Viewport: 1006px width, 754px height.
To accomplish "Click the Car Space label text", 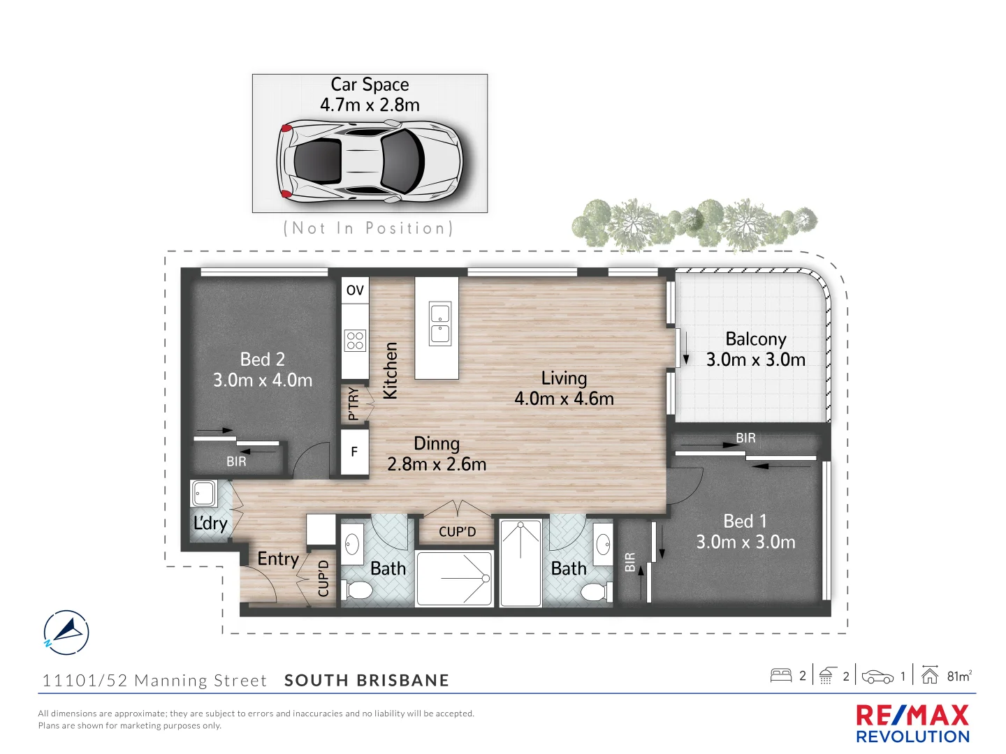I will coord(370,84).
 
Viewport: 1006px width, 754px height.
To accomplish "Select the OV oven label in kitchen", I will coord(355,290).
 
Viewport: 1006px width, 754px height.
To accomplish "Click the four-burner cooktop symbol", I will coord(355,341).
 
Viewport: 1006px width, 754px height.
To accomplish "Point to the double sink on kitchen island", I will coord(440,323).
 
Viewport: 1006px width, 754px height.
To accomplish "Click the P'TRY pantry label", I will coord(353,404).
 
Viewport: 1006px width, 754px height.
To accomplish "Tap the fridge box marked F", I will coord(354,452).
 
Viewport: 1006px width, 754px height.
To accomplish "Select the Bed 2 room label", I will coord(263,360).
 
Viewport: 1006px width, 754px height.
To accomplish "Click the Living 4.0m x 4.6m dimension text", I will coord(564,399).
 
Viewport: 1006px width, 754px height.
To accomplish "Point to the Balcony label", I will coord(756,339).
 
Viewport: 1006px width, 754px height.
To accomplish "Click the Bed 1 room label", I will coord(745,522).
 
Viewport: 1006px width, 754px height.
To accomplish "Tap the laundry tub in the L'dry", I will coord(204,494).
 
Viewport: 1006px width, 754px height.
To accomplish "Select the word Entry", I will coord(278,559).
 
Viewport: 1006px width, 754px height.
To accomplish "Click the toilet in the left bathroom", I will coord(359,590).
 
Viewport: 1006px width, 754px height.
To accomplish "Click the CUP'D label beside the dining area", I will coord(457,531).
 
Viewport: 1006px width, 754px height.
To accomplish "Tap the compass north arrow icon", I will coord(66,633).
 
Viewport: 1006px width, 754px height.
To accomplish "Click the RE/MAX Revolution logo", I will coord(912,723).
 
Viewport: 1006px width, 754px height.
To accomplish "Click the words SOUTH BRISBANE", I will coord(367,681).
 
